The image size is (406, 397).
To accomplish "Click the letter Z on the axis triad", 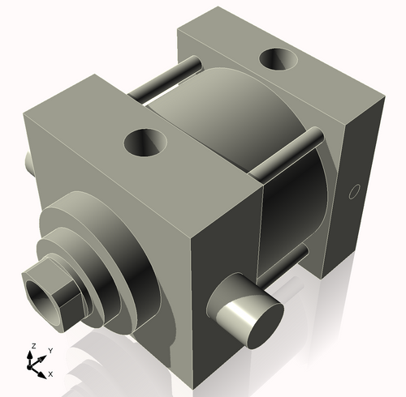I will coord(32,346).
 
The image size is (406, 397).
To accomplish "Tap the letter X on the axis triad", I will coord(50,374).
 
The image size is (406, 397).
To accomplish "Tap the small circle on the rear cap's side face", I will coord(352,192).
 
